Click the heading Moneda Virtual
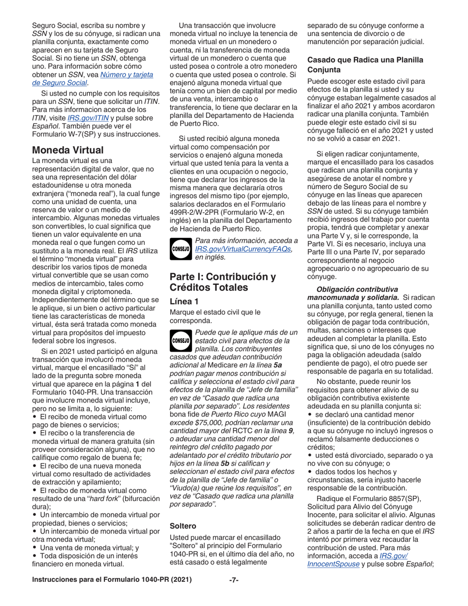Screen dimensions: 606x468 (67, 150)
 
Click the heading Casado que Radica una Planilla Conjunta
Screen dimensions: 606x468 (365, 65)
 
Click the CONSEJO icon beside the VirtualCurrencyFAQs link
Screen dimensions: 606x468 (181, 249)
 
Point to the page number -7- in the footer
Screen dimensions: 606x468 (234, 594)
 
